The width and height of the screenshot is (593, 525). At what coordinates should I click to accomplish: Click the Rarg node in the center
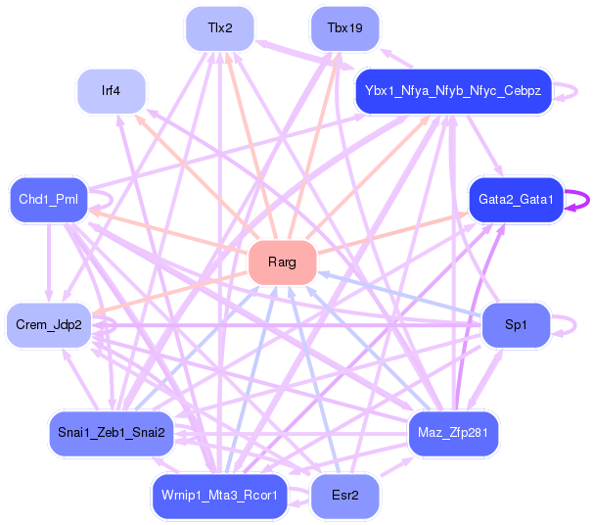click(282, 262)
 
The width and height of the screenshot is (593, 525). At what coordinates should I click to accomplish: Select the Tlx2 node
click(220, 28)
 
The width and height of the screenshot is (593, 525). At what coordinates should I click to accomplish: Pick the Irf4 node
click(112, 91)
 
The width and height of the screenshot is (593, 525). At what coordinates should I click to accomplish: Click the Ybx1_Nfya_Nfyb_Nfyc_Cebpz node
click(454, 91)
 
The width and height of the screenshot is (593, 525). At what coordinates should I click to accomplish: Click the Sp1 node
click(516, 324)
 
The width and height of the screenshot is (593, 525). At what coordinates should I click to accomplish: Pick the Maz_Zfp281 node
click(454, 432)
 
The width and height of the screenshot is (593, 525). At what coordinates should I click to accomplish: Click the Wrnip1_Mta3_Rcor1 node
click(220, 495)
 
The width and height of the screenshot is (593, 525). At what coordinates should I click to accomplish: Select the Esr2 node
click(344, 495)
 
